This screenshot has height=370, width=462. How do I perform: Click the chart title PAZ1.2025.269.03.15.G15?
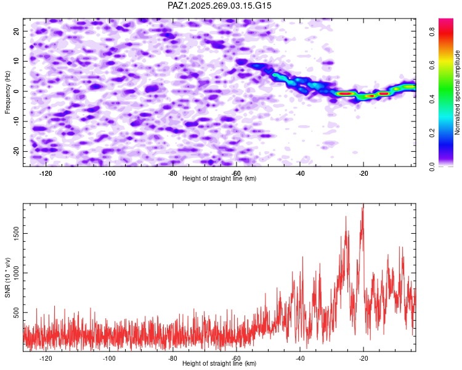pos(219,6)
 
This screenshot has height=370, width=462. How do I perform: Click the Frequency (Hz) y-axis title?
pos(7,92)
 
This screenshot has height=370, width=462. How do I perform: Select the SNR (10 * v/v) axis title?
pos(7,277)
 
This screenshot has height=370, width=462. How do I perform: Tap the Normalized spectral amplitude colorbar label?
pos(457,92)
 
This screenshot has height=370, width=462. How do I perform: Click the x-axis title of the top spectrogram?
pos(219,178)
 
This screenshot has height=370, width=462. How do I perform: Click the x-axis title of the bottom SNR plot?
pos(219,363)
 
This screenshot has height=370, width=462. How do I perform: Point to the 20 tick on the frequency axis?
pos(16,31)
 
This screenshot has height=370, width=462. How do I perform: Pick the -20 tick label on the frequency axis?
pos(16,151)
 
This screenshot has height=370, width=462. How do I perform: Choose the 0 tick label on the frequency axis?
pos(16,91)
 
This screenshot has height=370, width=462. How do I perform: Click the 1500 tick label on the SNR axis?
pos(16,233)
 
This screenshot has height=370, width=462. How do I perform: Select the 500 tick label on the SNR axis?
pos(16,313)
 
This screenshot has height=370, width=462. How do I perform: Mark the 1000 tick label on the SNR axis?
pos(16,273)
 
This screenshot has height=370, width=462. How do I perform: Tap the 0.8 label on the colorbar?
pos(432,31)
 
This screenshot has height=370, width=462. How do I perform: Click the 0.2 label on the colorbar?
pos(432,133)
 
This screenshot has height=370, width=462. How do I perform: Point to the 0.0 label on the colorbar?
pos(432,166)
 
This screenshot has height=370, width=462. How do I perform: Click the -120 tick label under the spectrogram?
pos(46,173)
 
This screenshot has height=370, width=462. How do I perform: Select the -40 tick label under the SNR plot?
pos(299,358)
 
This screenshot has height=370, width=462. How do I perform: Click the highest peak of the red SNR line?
pos(363,204)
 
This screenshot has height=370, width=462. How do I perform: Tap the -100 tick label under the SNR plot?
pos(109,358)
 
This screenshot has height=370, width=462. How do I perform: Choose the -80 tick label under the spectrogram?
pos(172,173)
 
